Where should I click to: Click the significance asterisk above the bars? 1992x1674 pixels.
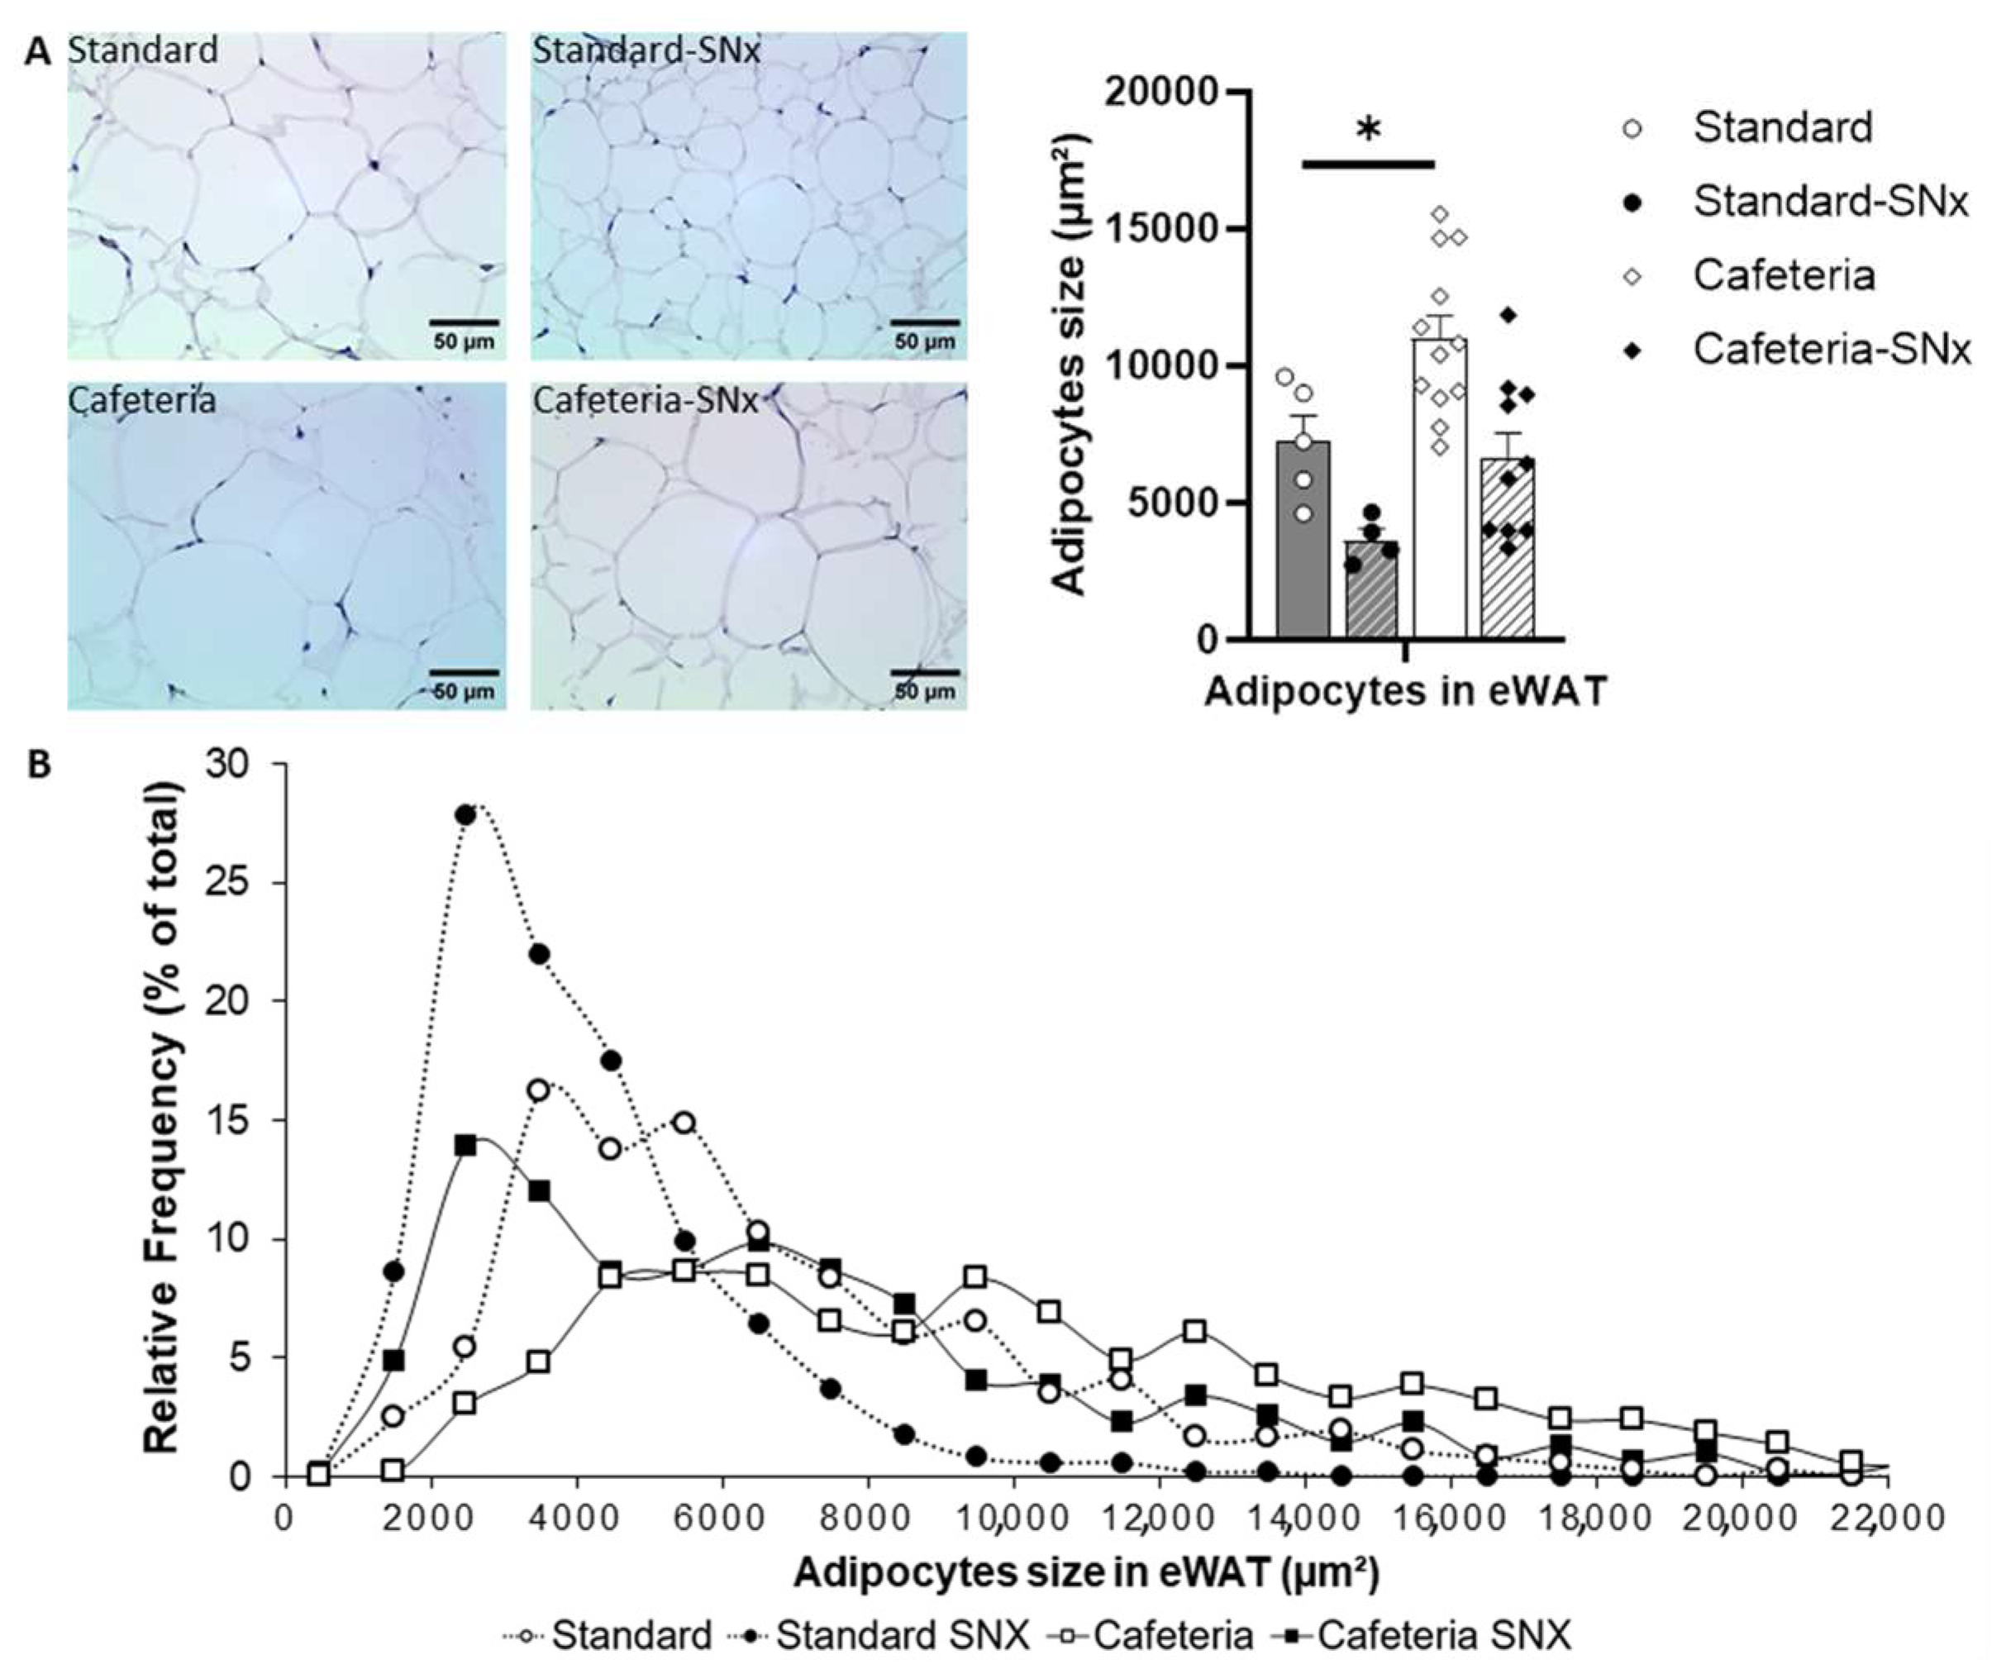pyautogui.click(x=1368, y=130)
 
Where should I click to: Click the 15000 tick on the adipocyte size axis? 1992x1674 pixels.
pyautogui.click(x=1163, y=229)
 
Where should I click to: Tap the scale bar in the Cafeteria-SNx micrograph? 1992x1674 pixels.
pyautogui.click(x=924, y=673)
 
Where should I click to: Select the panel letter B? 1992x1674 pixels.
pyautogui.click(x=39, y=765)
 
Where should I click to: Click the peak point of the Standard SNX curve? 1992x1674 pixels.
pyautogui.click(x=465, y=815)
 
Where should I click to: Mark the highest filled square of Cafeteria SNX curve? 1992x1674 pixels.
pyautogui.click(x=465, y=1146)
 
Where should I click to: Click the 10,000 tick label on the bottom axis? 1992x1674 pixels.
pyautogui.click(x=1013, y=1518)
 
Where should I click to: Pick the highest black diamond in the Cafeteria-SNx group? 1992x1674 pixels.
pyautogui.click(x=1507, y=314)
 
